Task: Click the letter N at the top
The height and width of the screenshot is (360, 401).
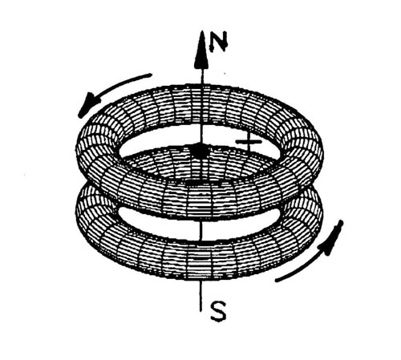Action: click(x=219, y=41)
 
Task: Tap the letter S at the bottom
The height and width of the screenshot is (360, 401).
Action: click(x=218, y=311)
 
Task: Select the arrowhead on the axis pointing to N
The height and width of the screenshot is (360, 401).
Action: click(x=201, y=50)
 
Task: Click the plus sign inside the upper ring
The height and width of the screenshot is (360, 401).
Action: click(x=249, y=142)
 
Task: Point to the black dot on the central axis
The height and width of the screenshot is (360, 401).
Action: click(x=199, y=151)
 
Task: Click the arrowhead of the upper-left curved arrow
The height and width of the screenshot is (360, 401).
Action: click(x=88, y=104)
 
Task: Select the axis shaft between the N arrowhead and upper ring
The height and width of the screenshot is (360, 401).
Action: click(x=202, y=77)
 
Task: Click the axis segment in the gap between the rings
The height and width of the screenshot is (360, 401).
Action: click(x=201, y=230)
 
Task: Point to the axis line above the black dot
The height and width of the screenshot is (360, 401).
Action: click(x=201, y=134)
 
